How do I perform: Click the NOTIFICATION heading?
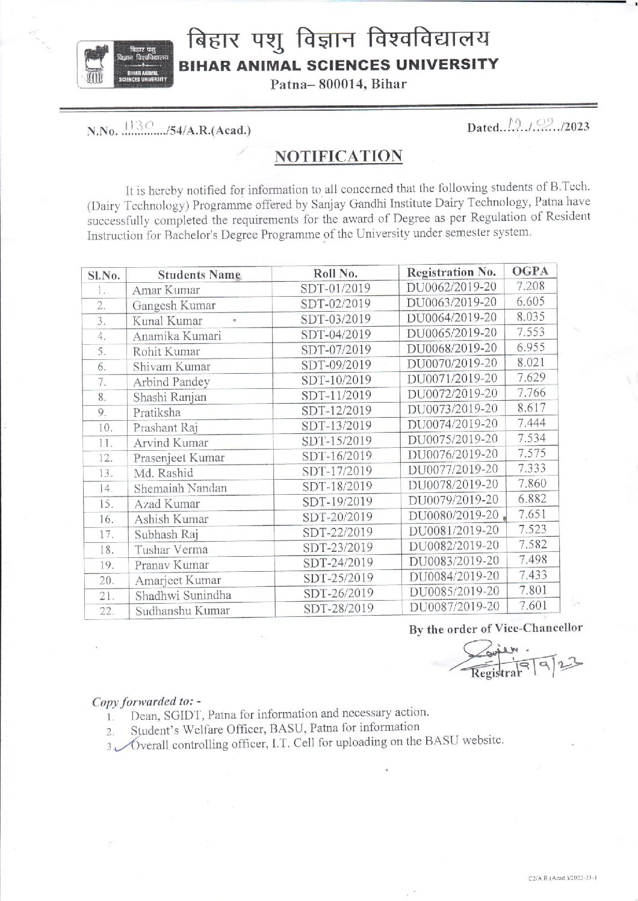coord(338,156)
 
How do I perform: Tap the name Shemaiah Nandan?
coord(180,488)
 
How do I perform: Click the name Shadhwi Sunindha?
coord(183,596)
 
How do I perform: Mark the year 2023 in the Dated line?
coord(576,127)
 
